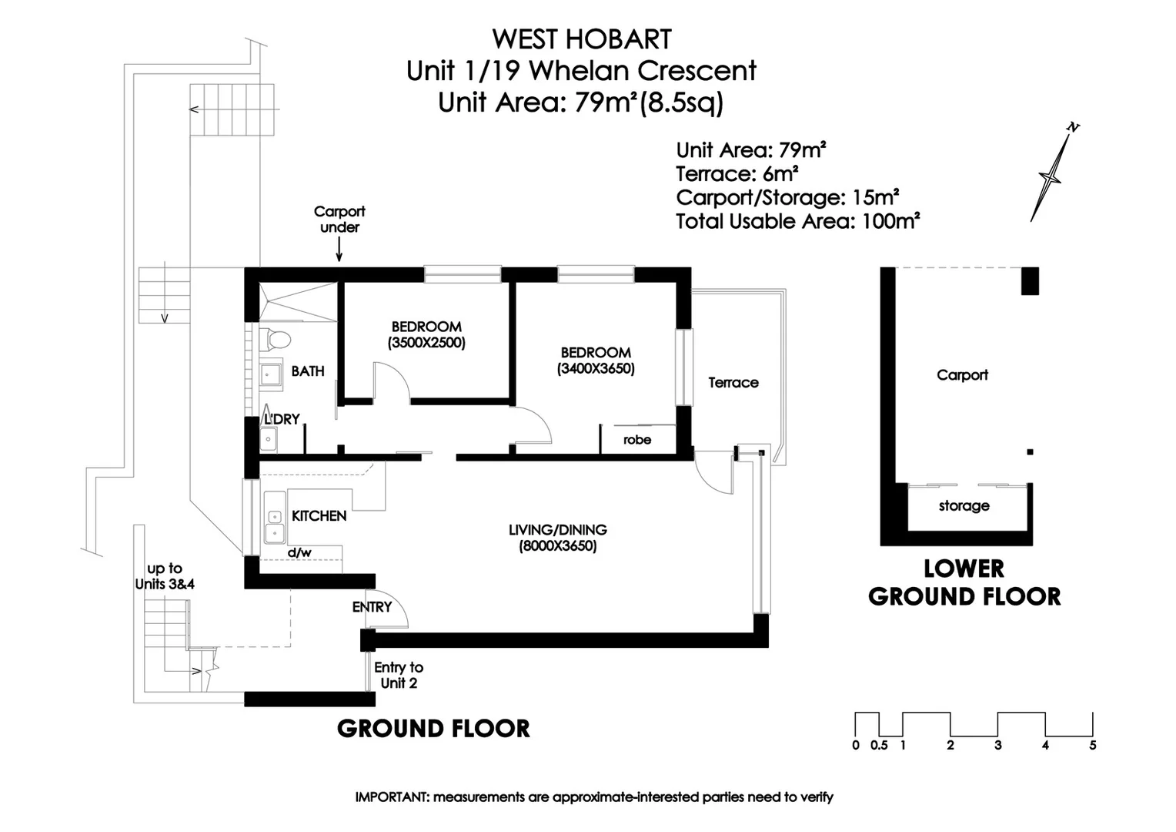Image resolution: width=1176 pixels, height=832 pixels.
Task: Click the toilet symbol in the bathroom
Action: click(276, 339)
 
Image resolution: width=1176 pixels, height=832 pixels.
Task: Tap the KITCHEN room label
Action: click(319, 516)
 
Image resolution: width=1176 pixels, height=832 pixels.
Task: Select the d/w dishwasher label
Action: click(299, 552)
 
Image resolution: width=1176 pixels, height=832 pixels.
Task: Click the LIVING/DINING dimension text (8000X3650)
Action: click(558, 546)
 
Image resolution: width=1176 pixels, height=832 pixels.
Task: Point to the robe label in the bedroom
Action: click(637, 440)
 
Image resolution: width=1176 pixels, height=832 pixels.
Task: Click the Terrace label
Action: click(733, 383)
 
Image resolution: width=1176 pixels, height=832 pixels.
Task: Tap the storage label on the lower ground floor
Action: click(964, 506)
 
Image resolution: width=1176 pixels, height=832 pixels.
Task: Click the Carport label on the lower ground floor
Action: click(962, 375)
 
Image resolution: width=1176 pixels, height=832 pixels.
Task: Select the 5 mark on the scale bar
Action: click(1092, 745)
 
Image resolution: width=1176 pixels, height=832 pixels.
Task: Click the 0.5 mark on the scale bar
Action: click(879, 745)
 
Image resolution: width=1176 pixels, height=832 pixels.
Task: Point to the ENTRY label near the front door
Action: click(372, 607)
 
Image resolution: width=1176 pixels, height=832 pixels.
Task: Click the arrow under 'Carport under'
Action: click(339, 250)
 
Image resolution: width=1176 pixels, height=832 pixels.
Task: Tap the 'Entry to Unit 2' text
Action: click(399, 676)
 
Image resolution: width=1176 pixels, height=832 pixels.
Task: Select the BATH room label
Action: click(308, 371)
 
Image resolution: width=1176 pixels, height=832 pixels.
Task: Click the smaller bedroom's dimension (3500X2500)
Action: click(426, 343)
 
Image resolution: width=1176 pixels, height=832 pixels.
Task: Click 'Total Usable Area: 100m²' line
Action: click(798, 222)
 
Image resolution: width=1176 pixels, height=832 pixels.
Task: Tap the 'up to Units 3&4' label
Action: click(165, 576)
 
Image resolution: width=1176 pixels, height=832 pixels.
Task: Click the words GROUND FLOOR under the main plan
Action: click(433, 729)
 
